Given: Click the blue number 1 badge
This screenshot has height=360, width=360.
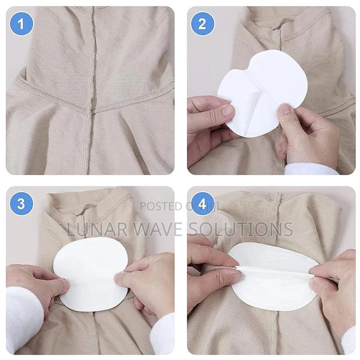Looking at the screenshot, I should click(21, 23).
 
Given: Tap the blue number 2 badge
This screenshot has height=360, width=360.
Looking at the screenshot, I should click(203, 23).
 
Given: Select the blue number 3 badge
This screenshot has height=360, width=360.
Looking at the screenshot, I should click(21, 204).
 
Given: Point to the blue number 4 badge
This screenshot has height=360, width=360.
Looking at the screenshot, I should click(203, 204).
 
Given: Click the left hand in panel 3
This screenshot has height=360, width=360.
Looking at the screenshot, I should click(35, 285).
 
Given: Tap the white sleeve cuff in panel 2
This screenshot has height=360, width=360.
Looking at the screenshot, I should click(311, 169).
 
